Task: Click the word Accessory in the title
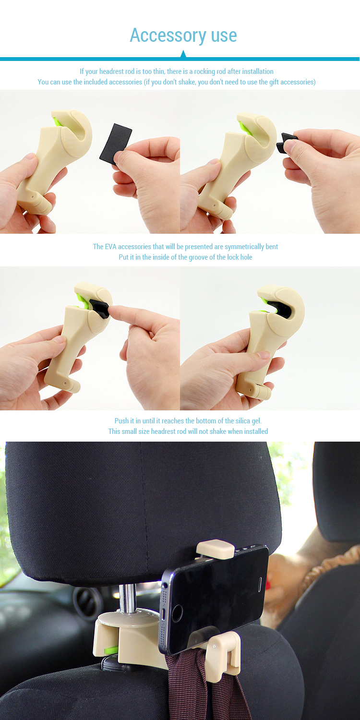pos(168,36)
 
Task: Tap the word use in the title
pos(224,36)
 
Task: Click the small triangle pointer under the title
pos(183,54)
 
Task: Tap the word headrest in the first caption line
pos(111,72)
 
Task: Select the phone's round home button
pos(177,613)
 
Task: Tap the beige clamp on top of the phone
pos(216,549)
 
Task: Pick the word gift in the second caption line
pos(274,82)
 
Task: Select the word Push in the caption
pos(121,421)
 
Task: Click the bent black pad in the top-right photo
pos(286,142)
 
